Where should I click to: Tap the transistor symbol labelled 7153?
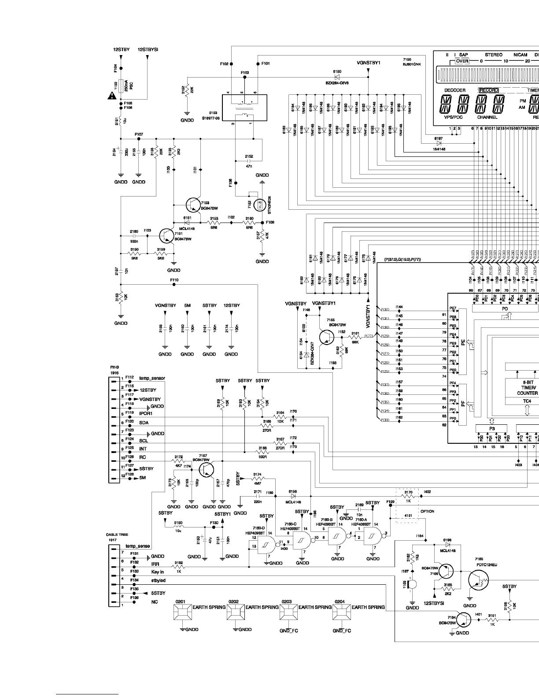[x=194, y=204]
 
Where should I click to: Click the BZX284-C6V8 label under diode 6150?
[x=337, y=82]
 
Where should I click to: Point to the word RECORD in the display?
[x=489, y=90]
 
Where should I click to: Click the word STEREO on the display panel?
[x=494, y=55]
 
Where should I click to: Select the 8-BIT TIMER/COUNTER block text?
[x=528, y=387]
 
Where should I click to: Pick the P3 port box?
[x=492, y=428]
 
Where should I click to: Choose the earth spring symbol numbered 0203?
[x=289, y=612]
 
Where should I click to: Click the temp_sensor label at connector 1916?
[x=152, y=378]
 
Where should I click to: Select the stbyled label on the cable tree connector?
[x=158, y=580]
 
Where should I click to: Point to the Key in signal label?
[x=158, y=572]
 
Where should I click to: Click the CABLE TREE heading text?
[x=117, y=535]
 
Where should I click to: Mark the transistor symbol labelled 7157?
[x=207, y=469]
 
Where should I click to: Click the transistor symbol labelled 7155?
[x=326, y=337]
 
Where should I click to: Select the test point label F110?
[x=174, y=280]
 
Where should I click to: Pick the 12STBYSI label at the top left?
[x=148, y=50]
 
